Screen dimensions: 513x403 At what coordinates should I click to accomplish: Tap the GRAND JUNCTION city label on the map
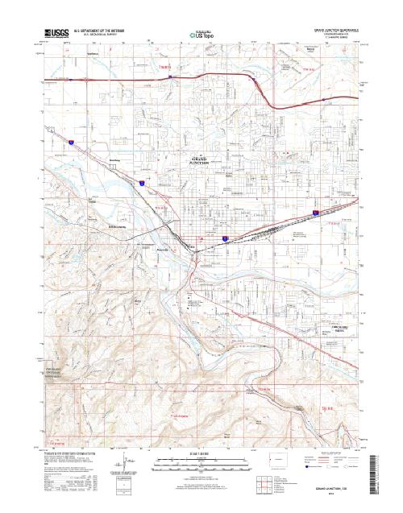[x=208, y=159]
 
